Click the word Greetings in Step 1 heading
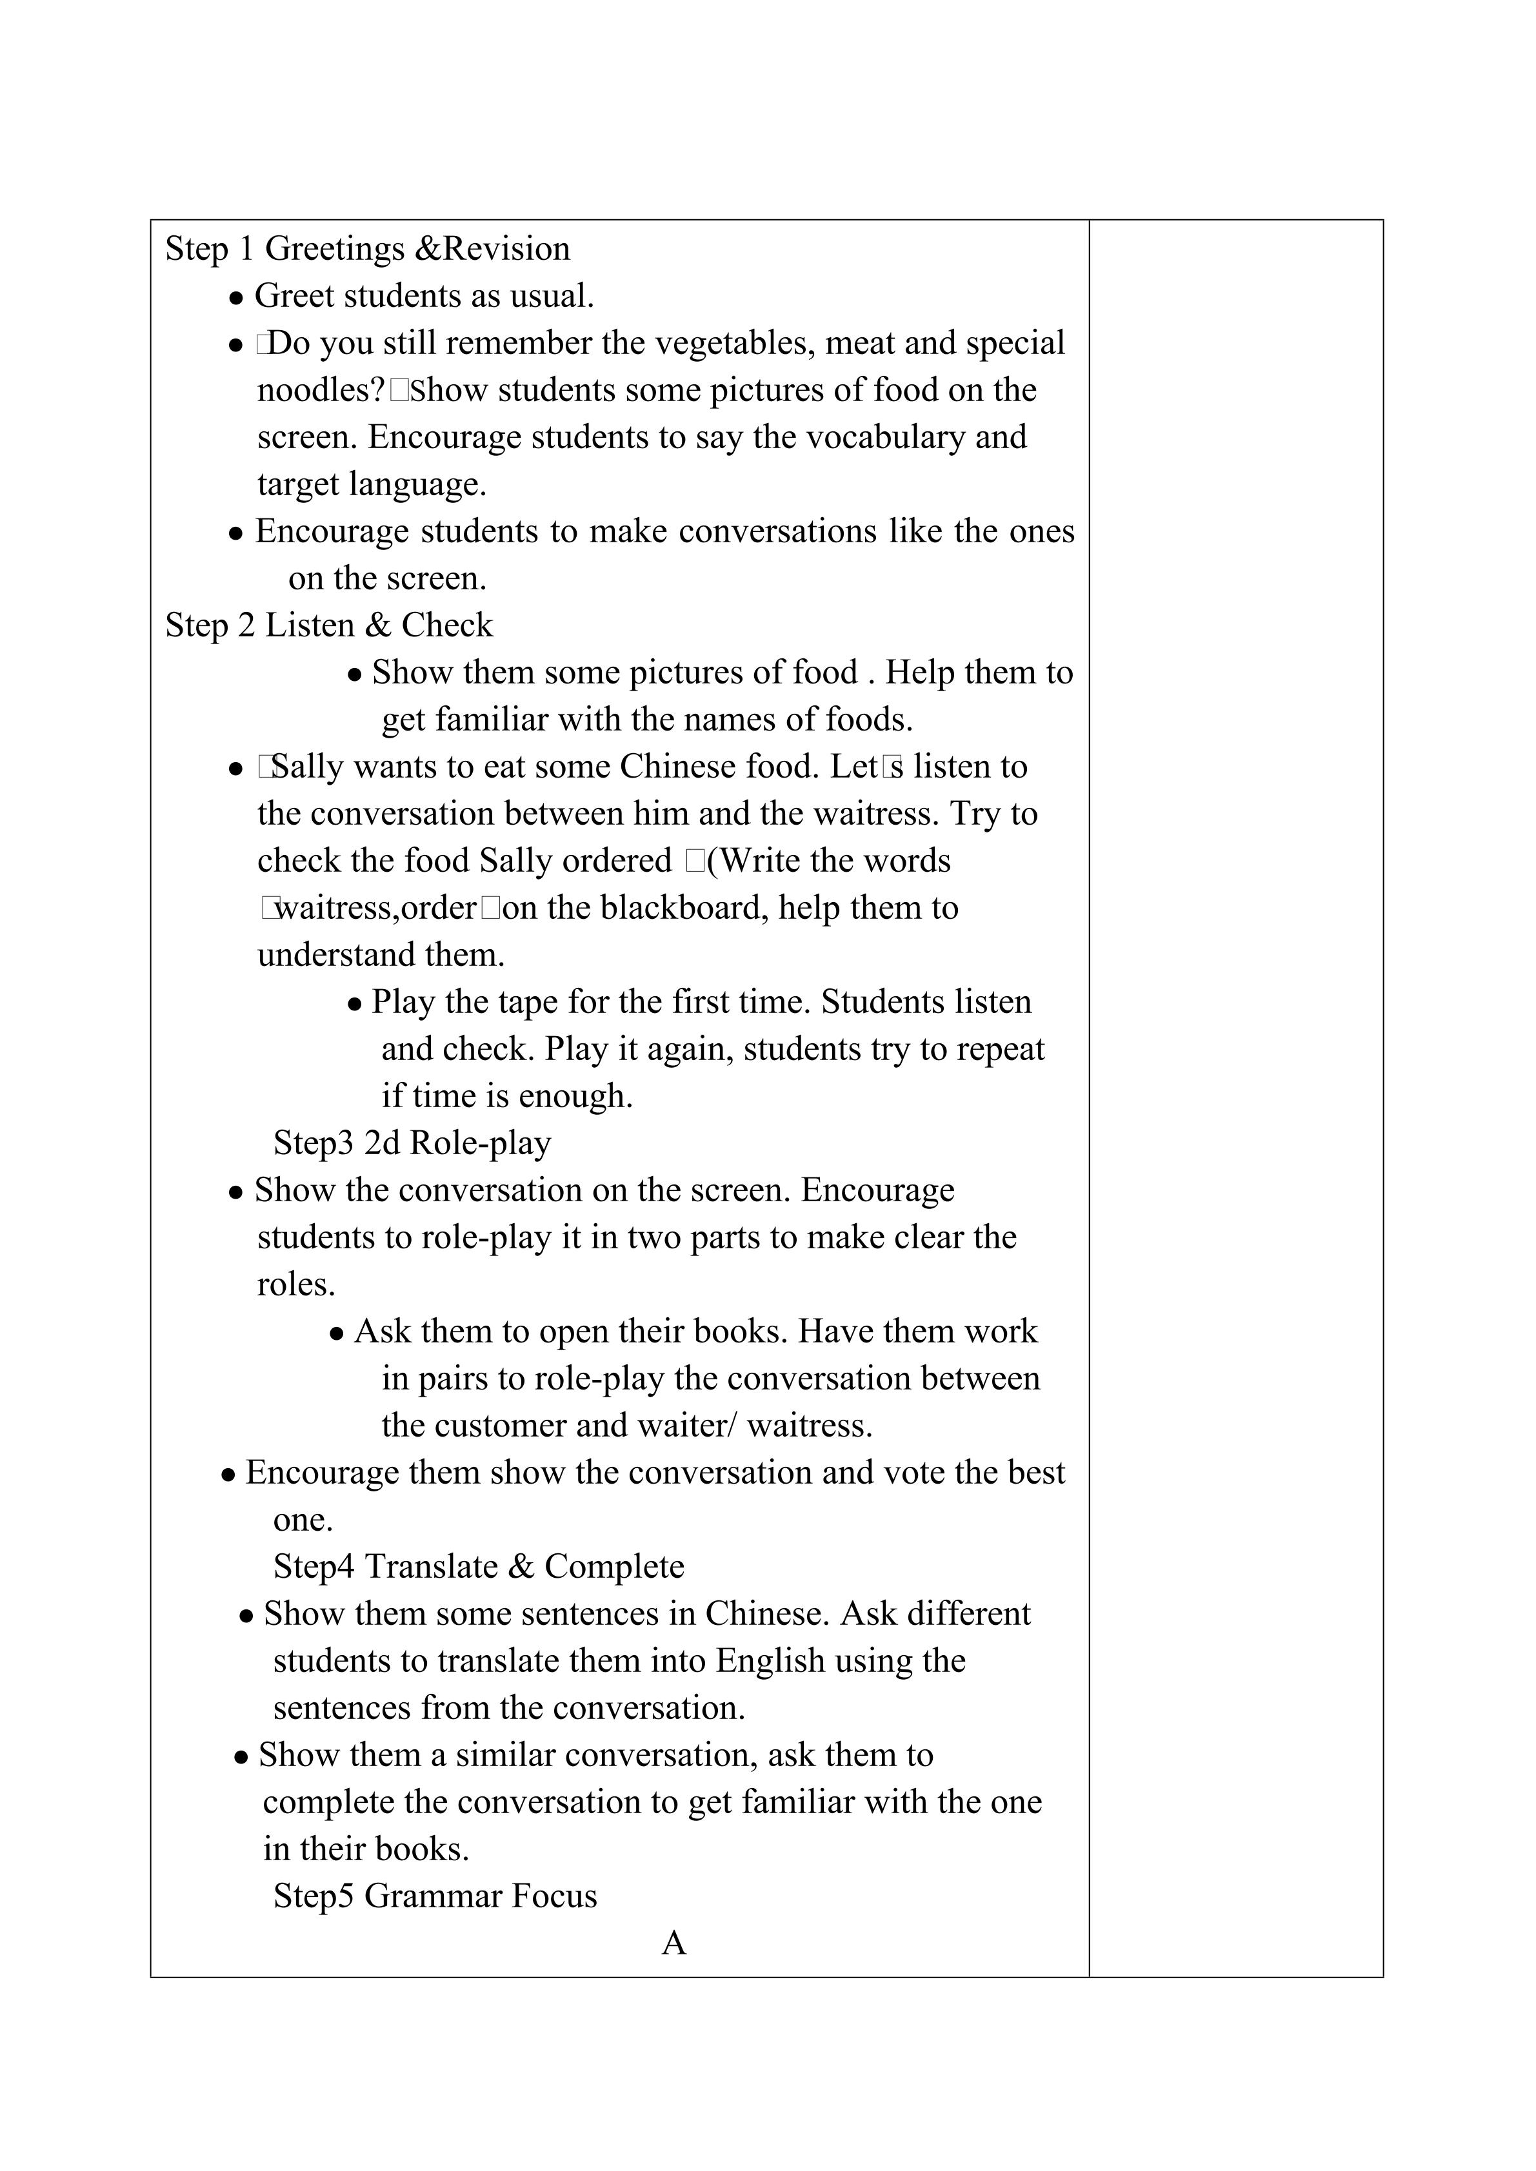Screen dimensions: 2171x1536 tap(335, 250)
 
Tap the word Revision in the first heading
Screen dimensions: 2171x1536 tap(507, 250)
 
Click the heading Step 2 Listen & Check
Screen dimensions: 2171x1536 tap(329, 626)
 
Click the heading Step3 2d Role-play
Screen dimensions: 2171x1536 tap(412, 1143)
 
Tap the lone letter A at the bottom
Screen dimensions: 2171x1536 tap(673, 1943)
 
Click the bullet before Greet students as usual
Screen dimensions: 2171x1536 tap(237, 299)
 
